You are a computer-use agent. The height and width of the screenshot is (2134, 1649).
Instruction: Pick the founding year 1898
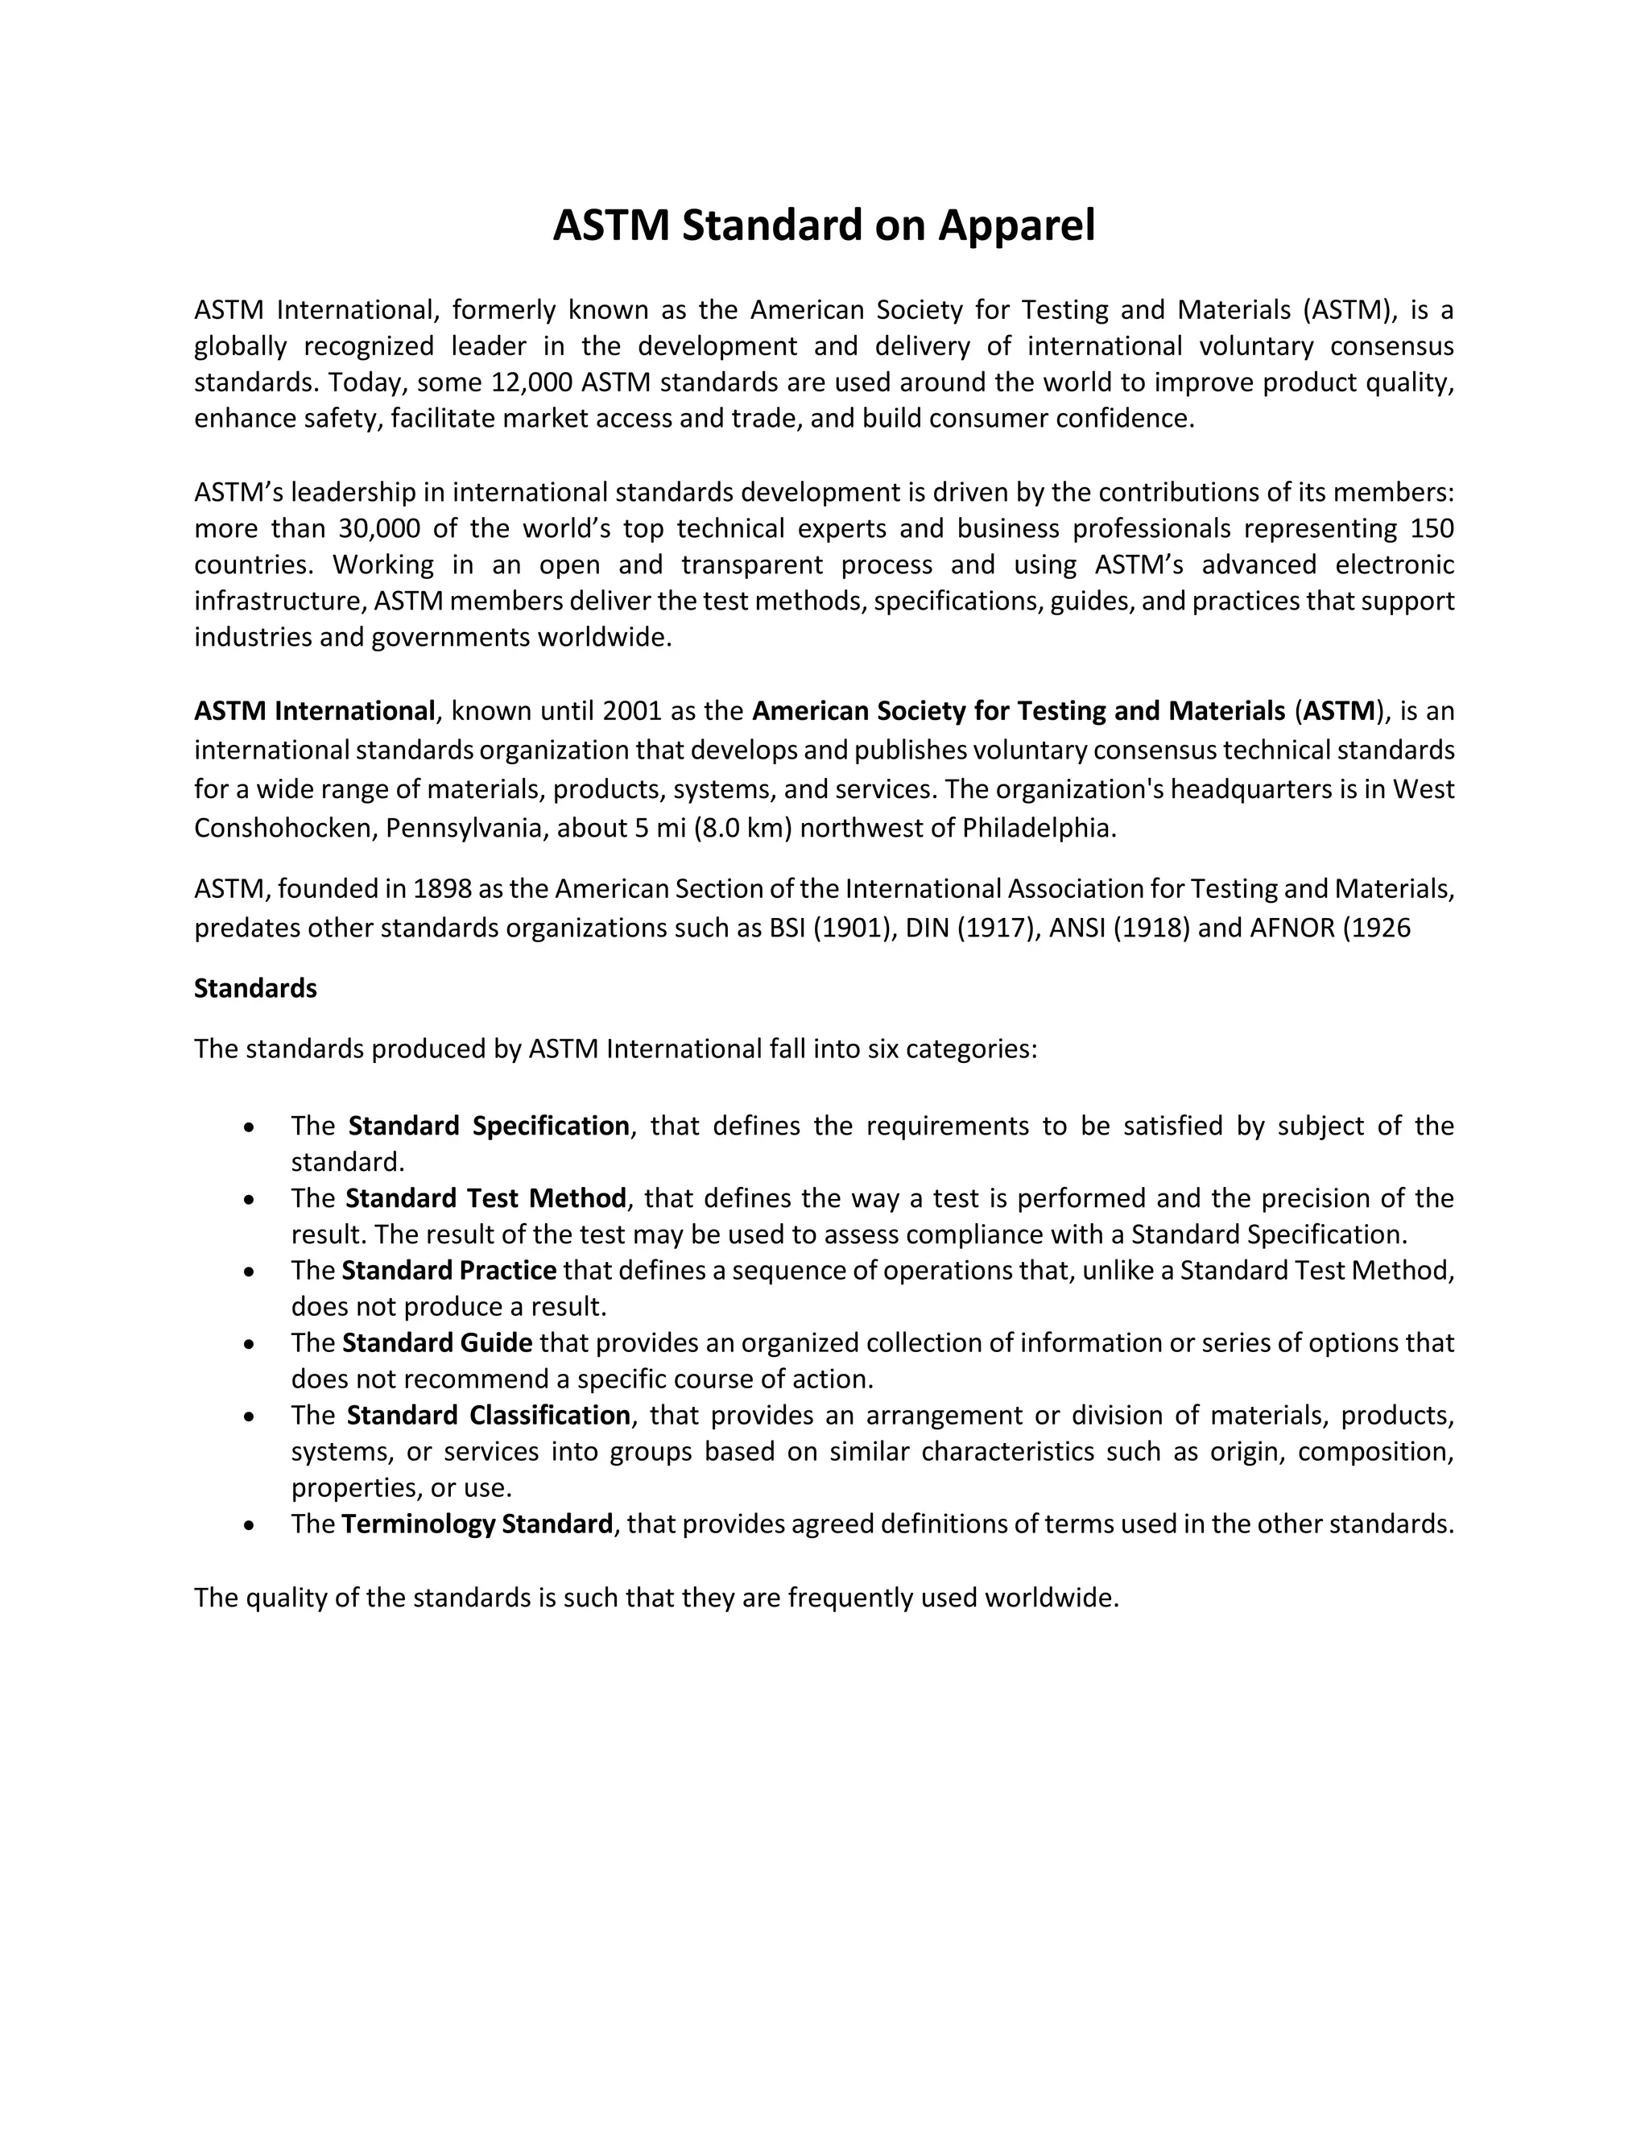coord(443,889)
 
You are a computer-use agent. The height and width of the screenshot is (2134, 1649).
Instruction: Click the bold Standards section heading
coord(255,989)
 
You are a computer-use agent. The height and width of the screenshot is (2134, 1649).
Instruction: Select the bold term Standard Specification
coord(489,1127)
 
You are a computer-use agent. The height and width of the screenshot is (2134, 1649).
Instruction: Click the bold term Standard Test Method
coord(486,1199)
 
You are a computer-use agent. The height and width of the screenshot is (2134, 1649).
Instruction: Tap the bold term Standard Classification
coord(489,1416)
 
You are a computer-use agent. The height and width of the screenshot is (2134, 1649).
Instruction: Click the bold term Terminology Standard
coord(477,1524)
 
